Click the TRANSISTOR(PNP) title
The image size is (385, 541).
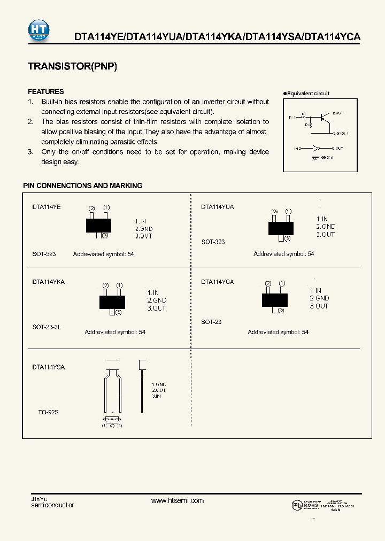(72, 66)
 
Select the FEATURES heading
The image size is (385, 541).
(45, 91)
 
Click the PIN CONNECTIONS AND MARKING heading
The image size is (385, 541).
(83, 186)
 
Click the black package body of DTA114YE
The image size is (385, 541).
(98, 225)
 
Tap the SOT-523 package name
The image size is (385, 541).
(44, 254)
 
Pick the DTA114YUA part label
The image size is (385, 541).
(217, 206)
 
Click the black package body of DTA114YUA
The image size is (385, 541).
(281, 228)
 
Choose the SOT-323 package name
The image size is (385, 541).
(213, 242)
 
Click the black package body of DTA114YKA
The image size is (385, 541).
(112, 302)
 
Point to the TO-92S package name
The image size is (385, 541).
(48, 413)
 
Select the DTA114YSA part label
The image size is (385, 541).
(48, 367)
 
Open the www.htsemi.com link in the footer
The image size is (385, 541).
(178, 500)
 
